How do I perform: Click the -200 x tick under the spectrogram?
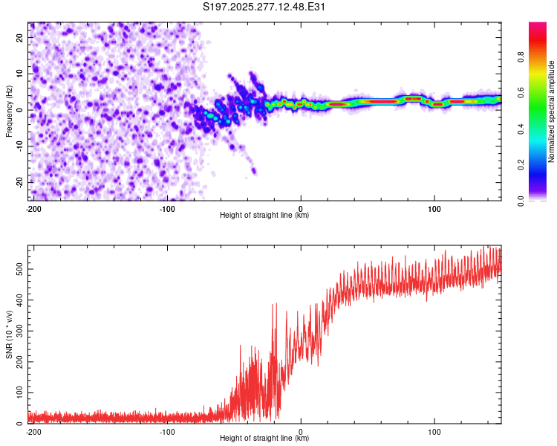click(x=33, y=208)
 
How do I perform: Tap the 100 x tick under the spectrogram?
click(x=434, y=208)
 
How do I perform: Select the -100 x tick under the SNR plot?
click(x=167, y=431)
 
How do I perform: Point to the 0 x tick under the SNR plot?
click(x=301, y=431)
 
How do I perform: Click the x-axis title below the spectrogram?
click(x=264, y=216)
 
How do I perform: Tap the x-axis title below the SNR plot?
click(x=264, y=439)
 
